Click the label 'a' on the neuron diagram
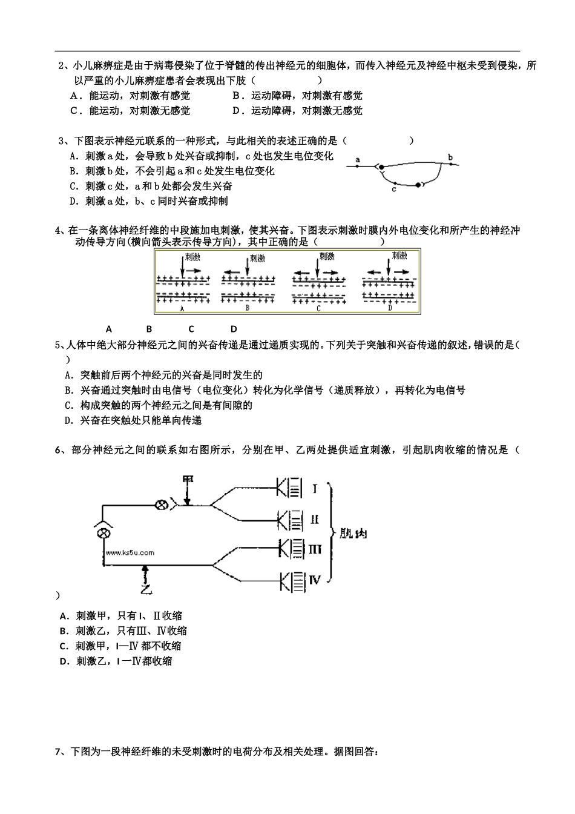tap(358, 160)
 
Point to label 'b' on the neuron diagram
tap(450, 157)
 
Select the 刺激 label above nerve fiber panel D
tap(399, 256)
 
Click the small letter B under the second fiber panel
tap(247, 308)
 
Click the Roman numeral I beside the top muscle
tap(315, 488)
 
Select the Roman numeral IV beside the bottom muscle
tap(315, 580)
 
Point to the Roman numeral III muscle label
tap(315, 549)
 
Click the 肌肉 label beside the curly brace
tap(353, 534)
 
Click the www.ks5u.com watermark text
tap(130, 552)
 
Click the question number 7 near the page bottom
tap(58, 752)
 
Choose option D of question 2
tap(237, 111)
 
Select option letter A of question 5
tap(68, 376)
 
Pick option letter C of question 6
tap(64, 646)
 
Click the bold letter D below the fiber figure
tap(233, 329)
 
